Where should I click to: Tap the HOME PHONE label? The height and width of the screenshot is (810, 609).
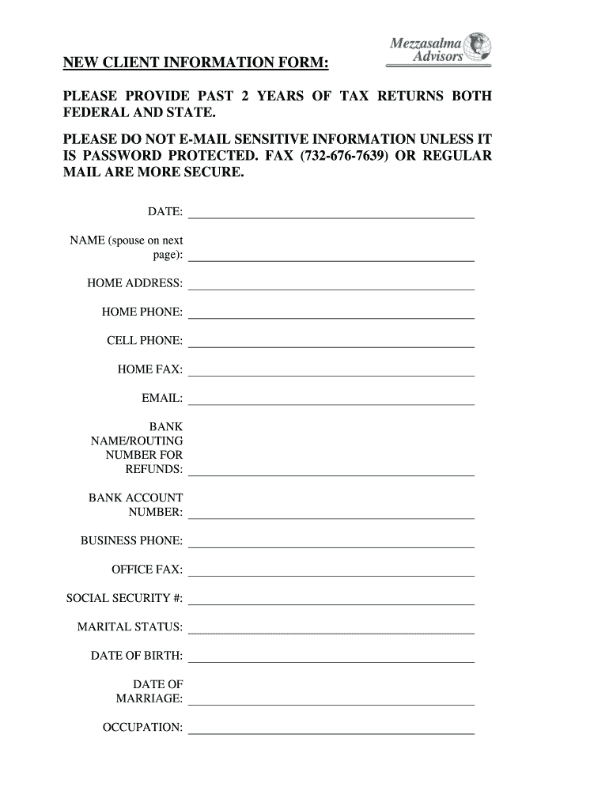[x=142, y=312]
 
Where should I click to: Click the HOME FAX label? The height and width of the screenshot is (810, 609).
[x=150, y=369]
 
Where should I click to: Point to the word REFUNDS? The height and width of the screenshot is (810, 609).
[x=154, y=469]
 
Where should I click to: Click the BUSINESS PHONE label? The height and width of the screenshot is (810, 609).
[x=132, y=541]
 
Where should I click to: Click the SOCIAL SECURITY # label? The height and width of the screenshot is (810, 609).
[x=124, y=598]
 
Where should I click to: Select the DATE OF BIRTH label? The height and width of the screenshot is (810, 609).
[x=137, y=656]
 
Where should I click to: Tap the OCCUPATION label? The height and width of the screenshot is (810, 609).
[x=143, y=727]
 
